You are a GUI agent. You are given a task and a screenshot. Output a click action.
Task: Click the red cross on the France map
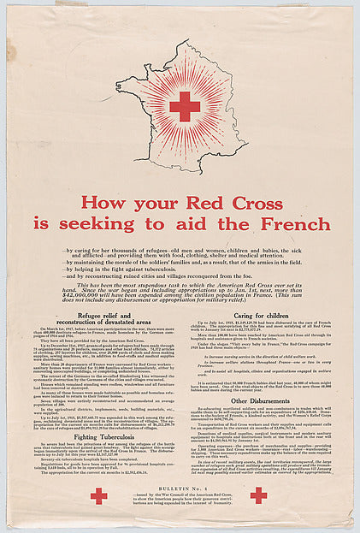pyautogui.click(x=185, y=107)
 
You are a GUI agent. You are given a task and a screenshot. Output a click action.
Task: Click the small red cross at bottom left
pyautogui.click(x=99, y=495)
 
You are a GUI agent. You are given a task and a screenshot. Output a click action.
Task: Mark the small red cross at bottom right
pyautogui.click(x=258, y=495)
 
